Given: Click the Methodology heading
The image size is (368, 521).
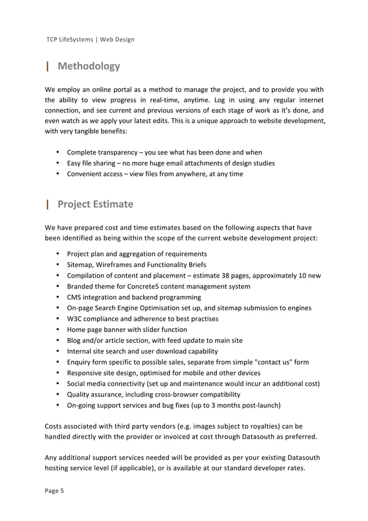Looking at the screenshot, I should (88, 66).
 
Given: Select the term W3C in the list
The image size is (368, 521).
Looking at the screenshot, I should (75, 319).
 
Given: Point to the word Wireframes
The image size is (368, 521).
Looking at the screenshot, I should (113, 265).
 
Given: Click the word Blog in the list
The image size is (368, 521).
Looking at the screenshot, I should (75, 340).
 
